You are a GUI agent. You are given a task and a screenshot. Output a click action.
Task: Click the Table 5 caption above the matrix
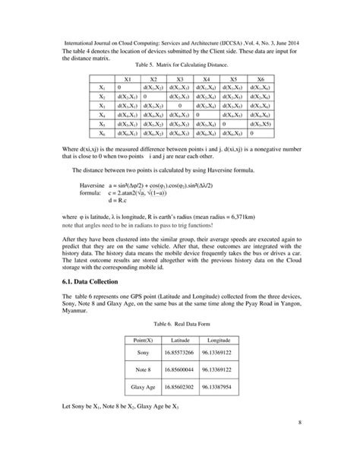181,66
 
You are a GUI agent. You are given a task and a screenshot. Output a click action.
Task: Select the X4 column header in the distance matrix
206,79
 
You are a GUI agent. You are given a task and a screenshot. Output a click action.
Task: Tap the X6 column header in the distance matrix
261,79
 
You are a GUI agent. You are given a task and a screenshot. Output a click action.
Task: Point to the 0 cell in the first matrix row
119,88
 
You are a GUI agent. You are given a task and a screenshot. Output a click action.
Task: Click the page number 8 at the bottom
299,442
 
